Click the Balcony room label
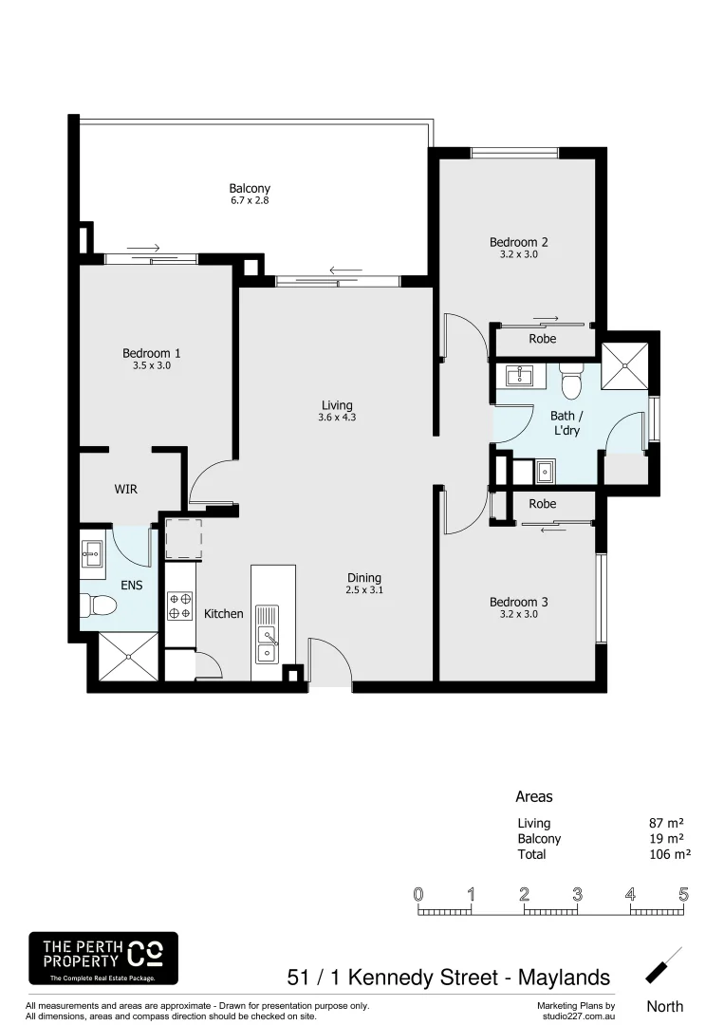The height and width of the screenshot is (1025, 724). pyautogui.click(x=250, y=188)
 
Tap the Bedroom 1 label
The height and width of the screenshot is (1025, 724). pyautogui.click(x=152, y=353)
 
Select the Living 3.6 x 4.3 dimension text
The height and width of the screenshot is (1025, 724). pyautogui.click(x=337, y=418)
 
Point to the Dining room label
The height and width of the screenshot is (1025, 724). pyautogui.click(x=363, y=577)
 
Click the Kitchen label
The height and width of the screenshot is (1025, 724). pyautogui.click(x=224, y=614)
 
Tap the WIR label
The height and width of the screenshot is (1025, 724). pyautogui.click(x=125, y=489)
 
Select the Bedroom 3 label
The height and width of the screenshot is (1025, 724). pyautogui.click(x=518, y=602)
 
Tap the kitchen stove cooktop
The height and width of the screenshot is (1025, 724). pyautogui.click(x=179, y=606)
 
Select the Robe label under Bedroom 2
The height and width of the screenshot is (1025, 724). pyautogui.click(x=542, y=339)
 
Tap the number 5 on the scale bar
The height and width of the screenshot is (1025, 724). pyautogui.click(x=682, y=894)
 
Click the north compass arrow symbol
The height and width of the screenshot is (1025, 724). pyautogui.click(x=663, y=965)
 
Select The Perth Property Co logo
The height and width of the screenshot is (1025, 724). pyautogui.click(x=103, y=958)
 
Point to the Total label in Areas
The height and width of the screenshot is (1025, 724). pyautogui.click(x=531, y=854)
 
